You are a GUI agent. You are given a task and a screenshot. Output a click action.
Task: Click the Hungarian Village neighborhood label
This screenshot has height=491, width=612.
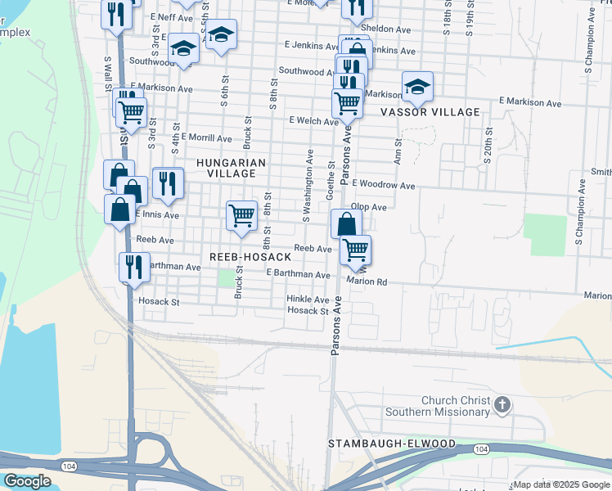(x=232, y=169)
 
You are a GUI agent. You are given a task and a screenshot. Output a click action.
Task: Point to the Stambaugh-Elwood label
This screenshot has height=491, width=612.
(x=392, y=443)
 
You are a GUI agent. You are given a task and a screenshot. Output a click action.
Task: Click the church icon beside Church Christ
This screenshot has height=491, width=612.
(x=502, y=404)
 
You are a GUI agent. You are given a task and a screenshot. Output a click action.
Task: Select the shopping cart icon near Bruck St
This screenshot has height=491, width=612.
(x=241, y=215)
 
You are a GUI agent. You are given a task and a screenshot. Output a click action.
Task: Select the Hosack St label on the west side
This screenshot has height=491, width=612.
(x=158, y=302)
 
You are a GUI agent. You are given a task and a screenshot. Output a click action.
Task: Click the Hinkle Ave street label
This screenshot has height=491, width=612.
(x=308, y=300)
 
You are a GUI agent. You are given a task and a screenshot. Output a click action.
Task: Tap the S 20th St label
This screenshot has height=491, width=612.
(x=488, y=145)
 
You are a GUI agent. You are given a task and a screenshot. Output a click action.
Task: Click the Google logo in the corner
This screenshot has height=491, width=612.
(x=27, y=481)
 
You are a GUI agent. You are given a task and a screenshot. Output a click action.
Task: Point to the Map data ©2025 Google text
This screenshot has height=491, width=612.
(x=562, y=484)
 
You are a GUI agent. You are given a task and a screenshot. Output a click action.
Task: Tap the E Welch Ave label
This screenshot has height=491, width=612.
(x=313, y=121)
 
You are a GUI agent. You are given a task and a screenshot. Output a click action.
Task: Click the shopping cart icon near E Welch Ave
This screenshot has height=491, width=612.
(x=348, y=103)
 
